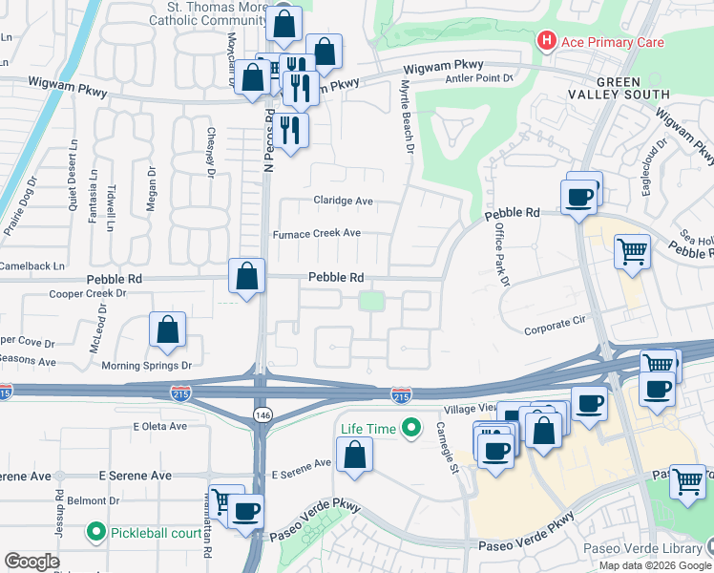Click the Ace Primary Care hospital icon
click(x=546, y=41)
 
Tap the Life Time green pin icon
click(x=411, y=430)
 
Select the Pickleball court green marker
click(x=96, y=530)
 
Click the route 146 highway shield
click(x=260, y=413)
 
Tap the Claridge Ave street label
click(x=344, y=202)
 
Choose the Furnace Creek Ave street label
click(x=317, y=233)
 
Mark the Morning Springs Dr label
click(x=154, y=365)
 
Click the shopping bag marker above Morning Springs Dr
click(x=168, y=330)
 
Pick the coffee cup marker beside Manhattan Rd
click(x=246, y=511)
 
